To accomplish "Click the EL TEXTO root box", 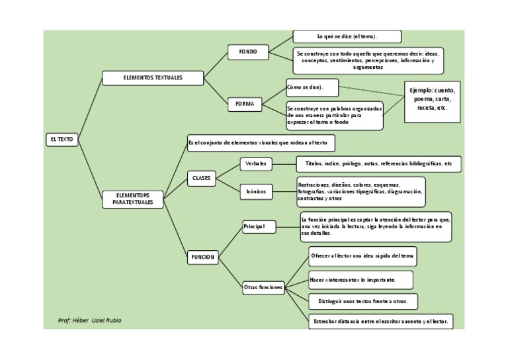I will [x=62, y=140].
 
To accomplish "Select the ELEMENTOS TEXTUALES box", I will [x=153, y=78].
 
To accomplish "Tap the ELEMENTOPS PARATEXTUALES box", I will [x=133, y=199].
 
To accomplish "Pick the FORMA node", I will [x=245, y=104].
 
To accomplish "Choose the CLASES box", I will [x=201, y=178].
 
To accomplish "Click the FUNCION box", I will [x=203, y=257].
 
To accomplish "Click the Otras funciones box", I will [x=263, y=287].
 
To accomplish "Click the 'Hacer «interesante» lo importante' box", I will [x=361, y=280].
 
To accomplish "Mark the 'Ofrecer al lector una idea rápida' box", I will [x=363, y=255].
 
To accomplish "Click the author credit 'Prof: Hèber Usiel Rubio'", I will [x=90, y=320].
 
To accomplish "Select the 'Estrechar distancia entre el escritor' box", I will [x=380, y=322].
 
